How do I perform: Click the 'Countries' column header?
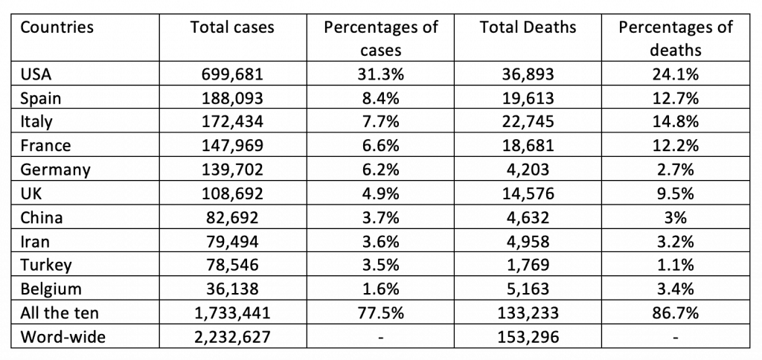tap(57, 28)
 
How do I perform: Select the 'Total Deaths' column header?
tap(528, 28)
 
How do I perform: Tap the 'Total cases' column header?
tap(232, 28)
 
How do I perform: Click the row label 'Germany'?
tap(55, 170)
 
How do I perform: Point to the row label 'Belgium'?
tap(51, 289)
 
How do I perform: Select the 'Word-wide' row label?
tap(63, 337)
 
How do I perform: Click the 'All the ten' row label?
tap(59, 313)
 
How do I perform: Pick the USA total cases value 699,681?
tap(232, 74)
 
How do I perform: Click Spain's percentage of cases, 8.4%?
tap(381, 98)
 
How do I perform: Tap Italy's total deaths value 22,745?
tap(528, 122)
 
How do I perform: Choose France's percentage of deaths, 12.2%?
tap(675, 146)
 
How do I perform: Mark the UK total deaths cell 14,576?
tap(528, 193)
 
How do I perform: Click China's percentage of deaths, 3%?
tap(675, 218)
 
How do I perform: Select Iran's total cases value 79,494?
tap(232, 242)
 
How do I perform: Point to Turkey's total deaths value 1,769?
tap(528, 266)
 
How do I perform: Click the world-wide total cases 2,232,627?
tap(232, 337)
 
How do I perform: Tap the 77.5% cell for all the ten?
tap(381, 313)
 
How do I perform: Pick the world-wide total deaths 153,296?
tap(528, 337)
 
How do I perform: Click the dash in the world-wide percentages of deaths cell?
tap(675, 338)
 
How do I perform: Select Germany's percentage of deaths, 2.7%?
tap(675, 170)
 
